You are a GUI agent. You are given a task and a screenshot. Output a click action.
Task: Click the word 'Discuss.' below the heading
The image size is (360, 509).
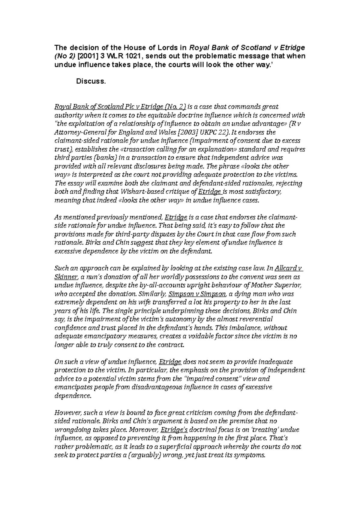pos(91,81)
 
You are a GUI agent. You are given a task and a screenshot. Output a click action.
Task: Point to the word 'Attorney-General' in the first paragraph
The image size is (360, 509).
pos(76,132)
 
